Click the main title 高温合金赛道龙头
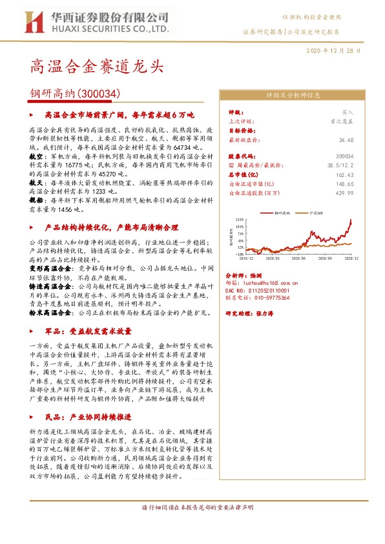[x=97, y=66]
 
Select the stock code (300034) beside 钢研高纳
[x=99, y=94]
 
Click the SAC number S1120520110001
[x=265, y=291]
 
